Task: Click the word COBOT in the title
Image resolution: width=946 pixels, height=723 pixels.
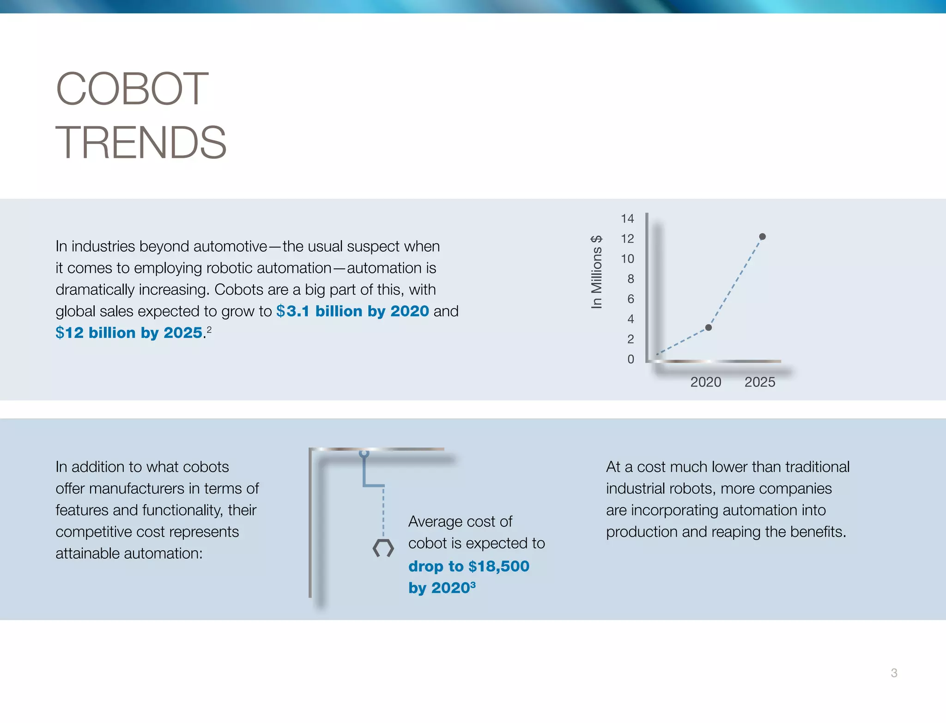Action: coord(132,89)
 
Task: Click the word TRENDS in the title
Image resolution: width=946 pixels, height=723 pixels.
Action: coord(141,143)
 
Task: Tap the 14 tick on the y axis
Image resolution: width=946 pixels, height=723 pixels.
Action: coord(627,218)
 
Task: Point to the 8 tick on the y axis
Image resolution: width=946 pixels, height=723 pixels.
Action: coord(631,279)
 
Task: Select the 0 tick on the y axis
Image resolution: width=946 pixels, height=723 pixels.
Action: coord(631,359)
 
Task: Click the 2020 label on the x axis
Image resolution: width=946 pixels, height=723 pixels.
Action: coord(705,382)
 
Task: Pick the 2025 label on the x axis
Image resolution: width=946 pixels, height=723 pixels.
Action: coord(760,382)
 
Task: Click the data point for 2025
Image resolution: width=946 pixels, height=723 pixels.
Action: coord(763,236)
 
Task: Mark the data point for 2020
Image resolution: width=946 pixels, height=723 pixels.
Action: coord(709,327)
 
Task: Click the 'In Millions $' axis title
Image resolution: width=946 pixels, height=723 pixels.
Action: coord(596,272)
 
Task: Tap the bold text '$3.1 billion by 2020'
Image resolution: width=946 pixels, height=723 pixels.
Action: coord(352,311)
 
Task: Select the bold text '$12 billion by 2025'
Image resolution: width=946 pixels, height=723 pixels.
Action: coord(129,333)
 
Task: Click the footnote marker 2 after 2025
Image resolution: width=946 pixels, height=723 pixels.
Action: coord(209,329)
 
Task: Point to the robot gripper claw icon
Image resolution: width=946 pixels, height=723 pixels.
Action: coord(383,548)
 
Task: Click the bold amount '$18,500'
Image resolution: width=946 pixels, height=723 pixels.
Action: coord(499,566)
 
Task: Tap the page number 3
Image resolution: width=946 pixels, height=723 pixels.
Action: coord(894,673)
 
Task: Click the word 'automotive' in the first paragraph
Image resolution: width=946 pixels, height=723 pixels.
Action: coord(230,247)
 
